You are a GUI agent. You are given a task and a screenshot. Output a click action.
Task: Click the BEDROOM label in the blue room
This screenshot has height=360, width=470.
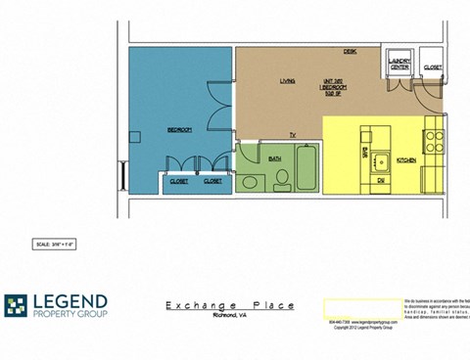(x=178, y=130)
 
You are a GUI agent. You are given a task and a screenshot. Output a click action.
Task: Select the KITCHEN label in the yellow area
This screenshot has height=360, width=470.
(x=406, y=158)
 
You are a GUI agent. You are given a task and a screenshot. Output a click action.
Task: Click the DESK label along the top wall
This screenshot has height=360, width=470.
(x=349, y=51)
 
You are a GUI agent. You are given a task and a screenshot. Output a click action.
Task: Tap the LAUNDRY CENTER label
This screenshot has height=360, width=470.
(x=399, y=64)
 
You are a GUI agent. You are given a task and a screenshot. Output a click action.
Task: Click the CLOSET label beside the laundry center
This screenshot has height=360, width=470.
(x=432, y=67)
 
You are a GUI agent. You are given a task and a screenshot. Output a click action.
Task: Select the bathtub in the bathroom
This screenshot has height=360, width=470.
(x=306, y=168)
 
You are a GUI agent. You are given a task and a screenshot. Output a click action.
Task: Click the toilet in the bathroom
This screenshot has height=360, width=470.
(x=282, y=176)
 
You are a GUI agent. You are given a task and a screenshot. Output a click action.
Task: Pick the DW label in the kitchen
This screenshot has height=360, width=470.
(x=380, y=180)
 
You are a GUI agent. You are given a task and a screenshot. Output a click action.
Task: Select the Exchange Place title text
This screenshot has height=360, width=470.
(x=229, y=305)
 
